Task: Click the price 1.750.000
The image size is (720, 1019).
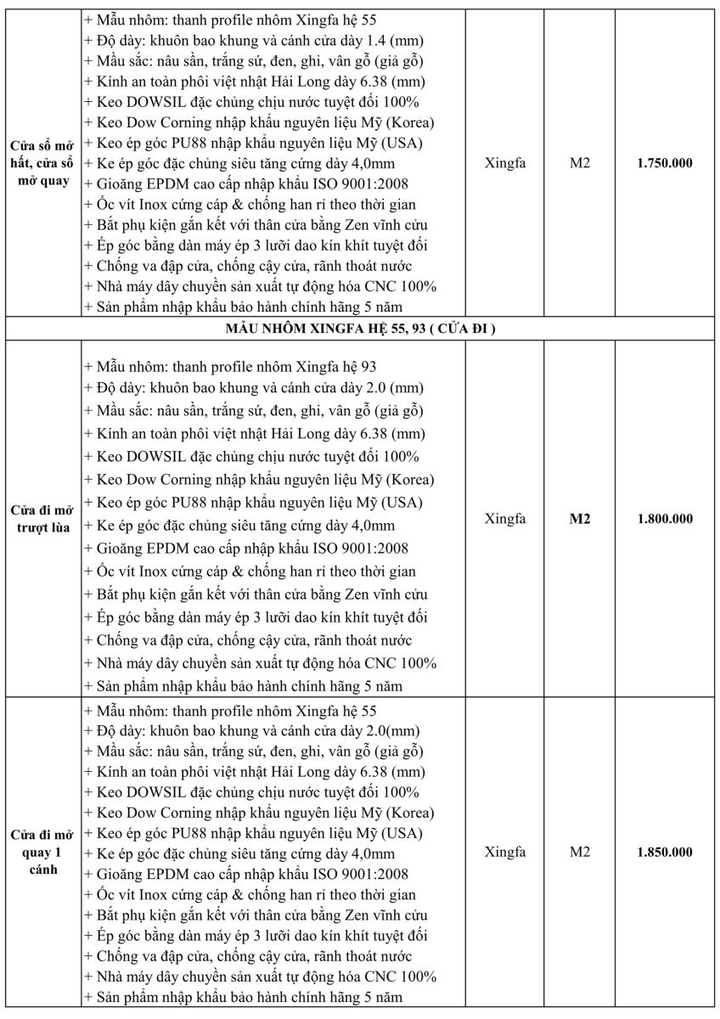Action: tap(665, 162)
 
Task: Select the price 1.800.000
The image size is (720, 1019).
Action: tap(665, 519)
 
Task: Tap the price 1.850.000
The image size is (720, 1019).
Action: tap(665, 852)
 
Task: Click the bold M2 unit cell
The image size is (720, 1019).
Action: tap(579, 519)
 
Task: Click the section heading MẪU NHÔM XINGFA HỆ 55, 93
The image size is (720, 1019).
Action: tap(360, 329)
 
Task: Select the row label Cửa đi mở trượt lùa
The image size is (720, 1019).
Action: tap(41, 519)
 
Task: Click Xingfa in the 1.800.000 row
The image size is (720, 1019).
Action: tap(505, 519)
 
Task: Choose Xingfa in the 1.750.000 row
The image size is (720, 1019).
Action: tap(505, 162)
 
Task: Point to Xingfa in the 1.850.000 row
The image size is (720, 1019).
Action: tap(505, 852)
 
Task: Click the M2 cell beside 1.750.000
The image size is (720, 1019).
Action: tap(579, 162)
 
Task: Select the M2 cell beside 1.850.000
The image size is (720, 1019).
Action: tap(579, 852)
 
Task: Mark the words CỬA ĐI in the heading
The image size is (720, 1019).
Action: tap(465, 329)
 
